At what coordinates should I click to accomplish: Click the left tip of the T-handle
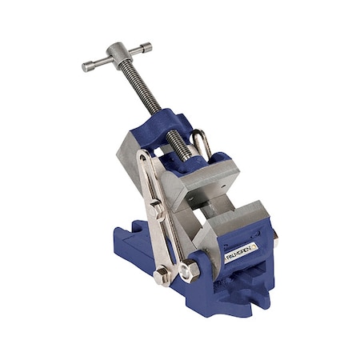(86, 66)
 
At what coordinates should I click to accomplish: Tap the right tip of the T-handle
(149, 47)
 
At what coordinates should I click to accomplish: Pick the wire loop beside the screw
(203, 144)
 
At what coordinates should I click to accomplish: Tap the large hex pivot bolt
(189, 271)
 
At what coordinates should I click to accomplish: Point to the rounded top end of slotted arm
(143, 155)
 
